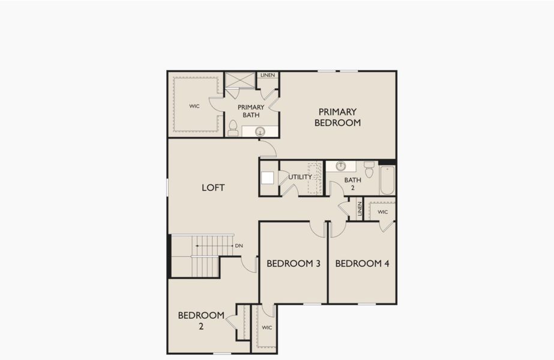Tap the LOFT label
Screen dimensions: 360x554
pos(213,188)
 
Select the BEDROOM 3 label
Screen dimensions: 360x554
pos(294,263)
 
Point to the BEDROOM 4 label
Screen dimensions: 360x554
pos(362,263)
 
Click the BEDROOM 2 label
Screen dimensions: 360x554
pos(201,321)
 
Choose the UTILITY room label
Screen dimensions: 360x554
pos(300,177)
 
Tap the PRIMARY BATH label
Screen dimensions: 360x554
pos(251,111)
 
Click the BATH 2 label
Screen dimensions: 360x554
pos(352,184)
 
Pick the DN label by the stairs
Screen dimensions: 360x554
pos(239,246)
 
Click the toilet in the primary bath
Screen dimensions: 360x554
pos(233,128)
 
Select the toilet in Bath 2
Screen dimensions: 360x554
pos(369,169)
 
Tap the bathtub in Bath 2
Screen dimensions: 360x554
pos(387,180)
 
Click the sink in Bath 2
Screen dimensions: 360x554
pos(341,166)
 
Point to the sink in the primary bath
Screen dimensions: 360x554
pos(260,131)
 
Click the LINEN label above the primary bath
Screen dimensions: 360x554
pos(268,75)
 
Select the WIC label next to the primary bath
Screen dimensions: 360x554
pos(194,106)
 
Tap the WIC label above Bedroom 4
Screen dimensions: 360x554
pos(382,212)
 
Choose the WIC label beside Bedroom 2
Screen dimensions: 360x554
pos(267,328)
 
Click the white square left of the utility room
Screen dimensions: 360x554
pos(268,178)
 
